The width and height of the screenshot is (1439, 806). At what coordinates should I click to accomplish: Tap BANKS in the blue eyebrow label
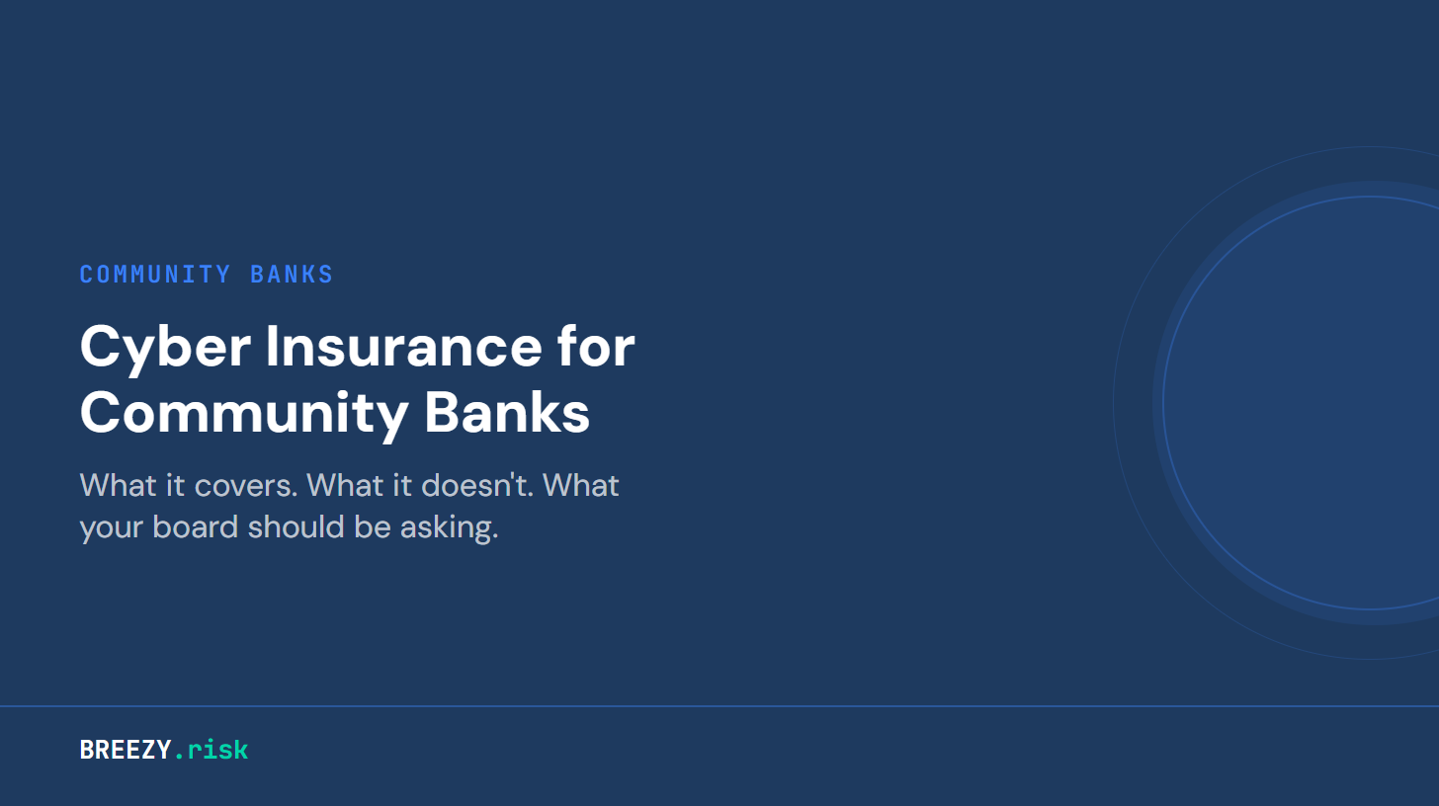292,275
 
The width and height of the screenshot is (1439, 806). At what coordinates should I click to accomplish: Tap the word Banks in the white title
507,415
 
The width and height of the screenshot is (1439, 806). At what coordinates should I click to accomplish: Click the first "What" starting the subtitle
111,486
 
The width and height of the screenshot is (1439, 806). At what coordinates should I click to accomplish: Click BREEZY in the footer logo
126,750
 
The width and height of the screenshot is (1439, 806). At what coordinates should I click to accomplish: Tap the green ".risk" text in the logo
212,750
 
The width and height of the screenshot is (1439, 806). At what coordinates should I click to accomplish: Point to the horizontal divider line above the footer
719,706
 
